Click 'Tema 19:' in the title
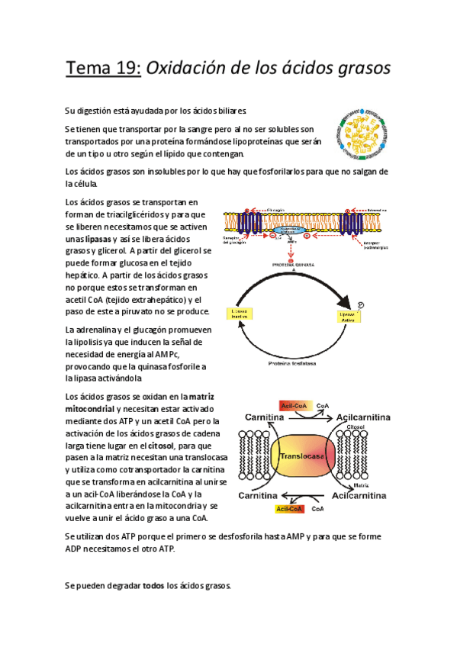[x=102, y=68]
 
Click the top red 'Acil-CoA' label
[x=294, y=406]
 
